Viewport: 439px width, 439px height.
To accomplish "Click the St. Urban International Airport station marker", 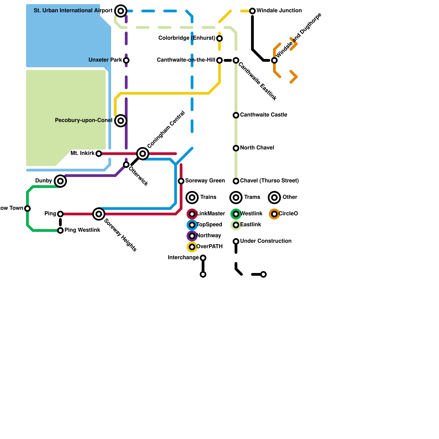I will tap(121, 11).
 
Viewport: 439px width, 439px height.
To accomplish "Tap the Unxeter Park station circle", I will tap(126, 60).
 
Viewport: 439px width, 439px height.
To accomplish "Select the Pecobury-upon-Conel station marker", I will tap(121, 121).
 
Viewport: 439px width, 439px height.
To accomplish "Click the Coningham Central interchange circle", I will tap(143, 154).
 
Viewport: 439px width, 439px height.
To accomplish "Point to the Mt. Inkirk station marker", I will tap(99, 154).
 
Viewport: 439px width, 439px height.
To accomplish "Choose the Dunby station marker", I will tap(60, 181).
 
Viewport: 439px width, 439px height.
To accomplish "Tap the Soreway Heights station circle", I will tap(99, 214).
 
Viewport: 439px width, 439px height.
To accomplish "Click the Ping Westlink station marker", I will tap(60, 230).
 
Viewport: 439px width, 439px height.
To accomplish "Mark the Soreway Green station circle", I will tap(181, 181).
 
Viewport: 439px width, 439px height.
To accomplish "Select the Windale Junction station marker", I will tap(252, 11).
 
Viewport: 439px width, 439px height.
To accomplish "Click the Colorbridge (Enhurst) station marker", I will tap(219, 38).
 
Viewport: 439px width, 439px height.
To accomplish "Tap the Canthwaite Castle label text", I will tap(263, 115).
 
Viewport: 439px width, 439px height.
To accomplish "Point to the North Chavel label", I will tap(257, 148).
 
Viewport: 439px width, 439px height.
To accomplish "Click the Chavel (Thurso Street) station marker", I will tap(236, 181).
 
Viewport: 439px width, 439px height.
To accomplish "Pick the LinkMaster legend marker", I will tap(192, 214).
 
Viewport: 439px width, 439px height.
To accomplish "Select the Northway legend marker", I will tap(192, 236).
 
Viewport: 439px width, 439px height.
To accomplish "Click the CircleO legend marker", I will tap(274, 214).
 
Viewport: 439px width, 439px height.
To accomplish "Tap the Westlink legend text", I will tap(251, 214).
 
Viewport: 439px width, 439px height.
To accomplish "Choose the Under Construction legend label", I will tap(266, 241).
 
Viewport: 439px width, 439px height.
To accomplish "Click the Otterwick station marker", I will tap(126, 165).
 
